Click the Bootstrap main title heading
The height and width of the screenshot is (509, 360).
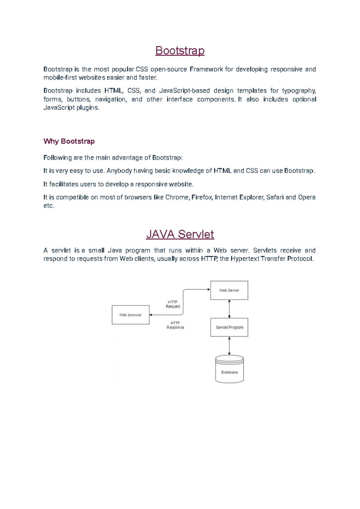pos(180,51)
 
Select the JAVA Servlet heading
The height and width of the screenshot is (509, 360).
pos(180,234)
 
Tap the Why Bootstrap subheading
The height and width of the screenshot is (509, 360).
pos(69,141)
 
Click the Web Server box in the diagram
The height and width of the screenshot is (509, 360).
pos(229,290)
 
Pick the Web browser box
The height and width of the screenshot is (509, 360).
pos(130,315)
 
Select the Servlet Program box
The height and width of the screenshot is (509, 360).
pos(229,327)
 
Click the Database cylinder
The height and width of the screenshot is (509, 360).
pos(229,369)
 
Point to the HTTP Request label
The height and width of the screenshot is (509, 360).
pos(173,304)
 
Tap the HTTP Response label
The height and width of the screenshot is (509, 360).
pos(175,325)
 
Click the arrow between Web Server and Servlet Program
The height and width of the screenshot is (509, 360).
pos(229,309)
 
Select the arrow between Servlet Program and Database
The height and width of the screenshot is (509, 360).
pos(229,346)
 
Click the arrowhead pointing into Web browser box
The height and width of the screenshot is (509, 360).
pos(151,315)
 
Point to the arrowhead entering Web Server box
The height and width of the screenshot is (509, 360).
pos(208,289)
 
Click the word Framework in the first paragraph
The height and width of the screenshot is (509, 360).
pos(206,69)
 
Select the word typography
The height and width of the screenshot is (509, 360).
pos(299,91)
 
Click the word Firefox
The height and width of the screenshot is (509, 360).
pos(202,197)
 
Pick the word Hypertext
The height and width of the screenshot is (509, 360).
pos(245,259)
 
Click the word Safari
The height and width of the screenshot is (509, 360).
pos(275,197)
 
